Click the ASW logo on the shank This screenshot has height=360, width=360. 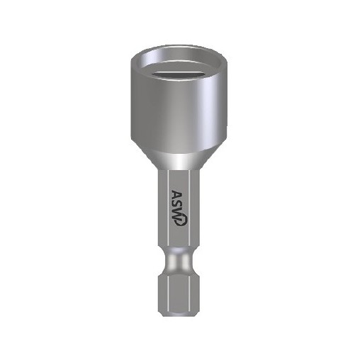(179, 208)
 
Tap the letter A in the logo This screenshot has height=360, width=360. (177, 195)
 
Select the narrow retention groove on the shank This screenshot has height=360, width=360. (179, 261)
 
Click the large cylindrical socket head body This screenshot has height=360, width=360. (179, 104)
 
